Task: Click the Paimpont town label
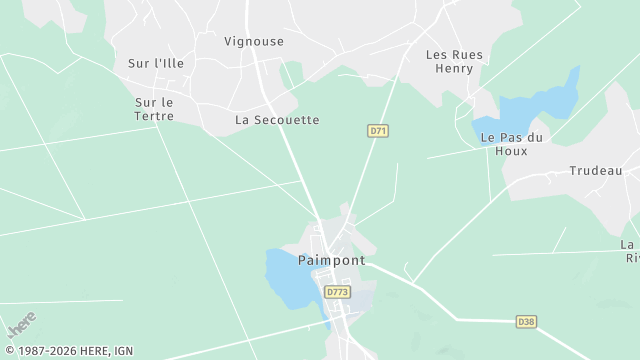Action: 331,260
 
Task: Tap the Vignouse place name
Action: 254,41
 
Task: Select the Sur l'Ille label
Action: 156,63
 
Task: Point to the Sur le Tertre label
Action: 154,109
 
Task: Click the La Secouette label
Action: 277,120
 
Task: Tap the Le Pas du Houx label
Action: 511,143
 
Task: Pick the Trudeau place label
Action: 596,171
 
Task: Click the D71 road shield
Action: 377,130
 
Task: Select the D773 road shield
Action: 337,292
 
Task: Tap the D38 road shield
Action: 526,321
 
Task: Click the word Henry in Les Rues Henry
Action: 454,69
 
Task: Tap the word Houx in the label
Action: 511,151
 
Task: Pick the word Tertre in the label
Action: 154,116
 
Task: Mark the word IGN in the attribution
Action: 123,351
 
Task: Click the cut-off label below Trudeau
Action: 630,251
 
